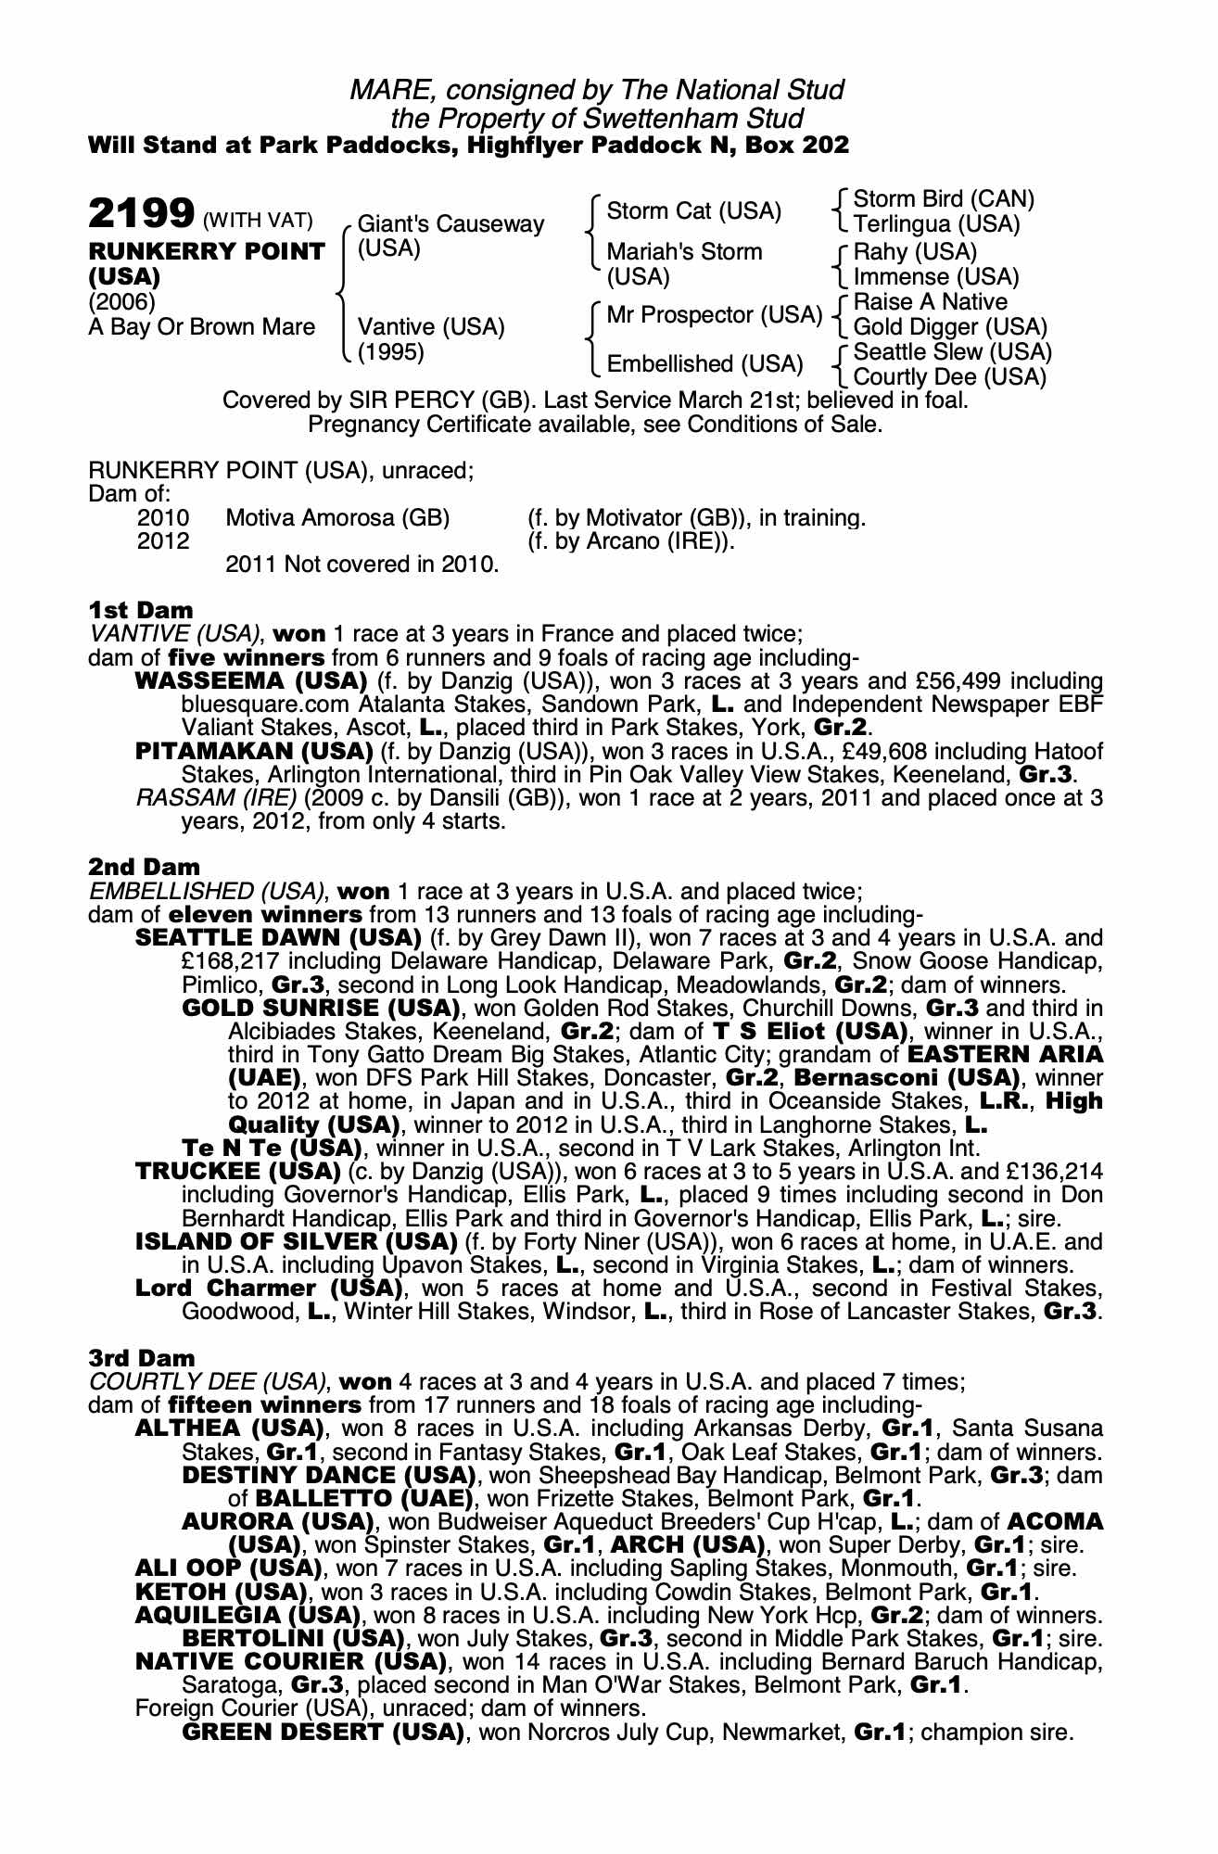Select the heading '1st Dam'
click(x=141, y=610)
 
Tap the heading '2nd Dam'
click(x=144, y=868)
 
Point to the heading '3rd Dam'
click(x=142, y=1358)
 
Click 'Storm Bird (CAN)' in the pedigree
click(x=944, y=199)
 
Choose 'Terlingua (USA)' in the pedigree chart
click(x=936, y=224)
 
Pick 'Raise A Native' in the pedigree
click(x=930, y=302)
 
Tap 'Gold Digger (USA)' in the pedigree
click(x=950, y=327)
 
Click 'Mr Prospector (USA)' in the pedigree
click(x=715, y=315)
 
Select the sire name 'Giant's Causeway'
click(x=450, y=224)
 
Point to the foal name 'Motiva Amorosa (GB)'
click(x=337, y=518)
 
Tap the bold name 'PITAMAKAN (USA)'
click(x=254, y=751)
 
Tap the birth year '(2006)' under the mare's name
click(x=121, y=302)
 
